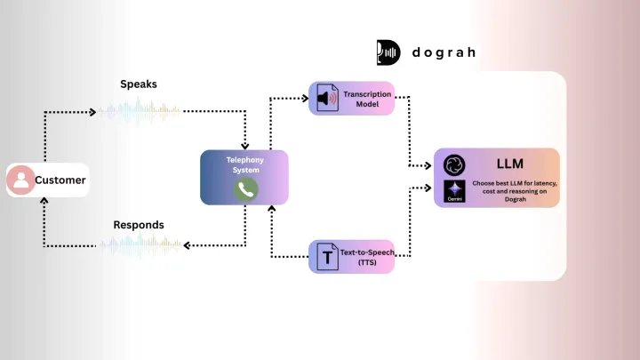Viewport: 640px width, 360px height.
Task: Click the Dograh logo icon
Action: tap(388, 52)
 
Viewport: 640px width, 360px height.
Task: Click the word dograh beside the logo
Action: tap(444, 52)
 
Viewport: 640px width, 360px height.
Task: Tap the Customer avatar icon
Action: tap(20, 180)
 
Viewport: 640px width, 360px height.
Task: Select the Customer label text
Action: tap(60, 180)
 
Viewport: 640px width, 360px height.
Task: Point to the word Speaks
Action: tap(139, 84)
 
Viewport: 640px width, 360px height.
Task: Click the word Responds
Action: tap(139, 225)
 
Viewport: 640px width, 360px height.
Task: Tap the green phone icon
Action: tap(245, 188)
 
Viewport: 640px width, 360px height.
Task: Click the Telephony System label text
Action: tap(244, 164)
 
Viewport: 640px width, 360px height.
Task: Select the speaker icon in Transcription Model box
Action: tap(328, 98)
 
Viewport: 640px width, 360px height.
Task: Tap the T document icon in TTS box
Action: tap(327, 258)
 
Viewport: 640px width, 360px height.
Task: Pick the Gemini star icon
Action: tap(454, 192)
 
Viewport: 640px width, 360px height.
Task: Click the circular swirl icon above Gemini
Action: tap(454, 164)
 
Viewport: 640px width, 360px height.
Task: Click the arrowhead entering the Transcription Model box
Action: tap(305, 97)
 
